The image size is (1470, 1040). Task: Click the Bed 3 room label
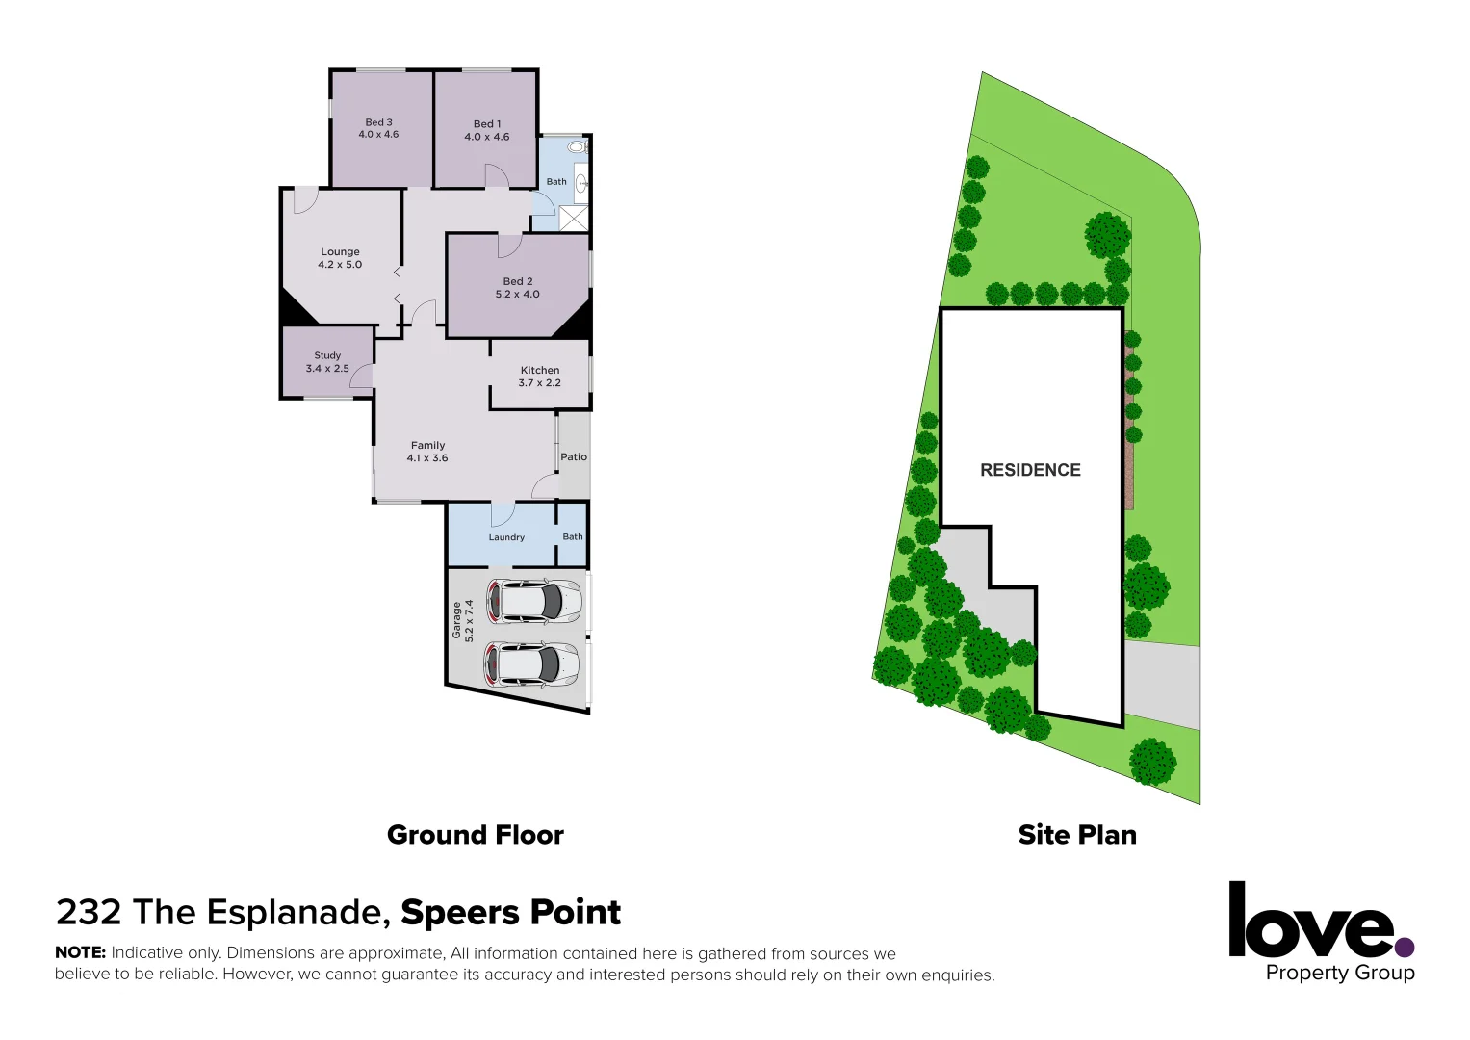[378, 129]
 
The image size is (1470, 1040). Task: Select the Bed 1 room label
[487, 131]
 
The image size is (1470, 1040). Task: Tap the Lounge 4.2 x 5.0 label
[340, 258]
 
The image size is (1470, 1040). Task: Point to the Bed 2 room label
[517, 288]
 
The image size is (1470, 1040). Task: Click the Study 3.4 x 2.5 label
[327, 362]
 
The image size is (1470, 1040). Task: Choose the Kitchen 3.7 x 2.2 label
[539, 377]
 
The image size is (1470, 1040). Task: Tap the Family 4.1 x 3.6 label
[427, 452]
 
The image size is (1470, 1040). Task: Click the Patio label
[574, 457]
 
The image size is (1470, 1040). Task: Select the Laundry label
[506, 537]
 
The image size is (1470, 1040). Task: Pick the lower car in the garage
[532, 664]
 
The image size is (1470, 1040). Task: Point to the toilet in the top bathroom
[577, 147]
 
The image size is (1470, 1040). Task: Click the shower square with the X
[574, 219]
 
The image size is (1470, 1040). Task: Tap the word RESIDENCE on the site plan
[1030, 470]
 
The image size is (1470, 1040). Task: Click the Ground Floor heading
[476, 835]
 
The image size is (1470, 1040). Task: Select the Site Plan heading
[1077, 835]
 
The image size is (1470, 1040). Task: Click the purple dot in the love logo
[1406, 948]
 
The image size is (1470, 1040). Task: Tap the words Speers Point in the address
[511, 912]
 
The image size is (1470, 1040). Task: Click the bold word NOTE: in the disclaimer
[80, 952]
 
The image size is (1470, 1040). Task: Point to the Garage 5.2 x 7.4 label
[463, 621]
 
